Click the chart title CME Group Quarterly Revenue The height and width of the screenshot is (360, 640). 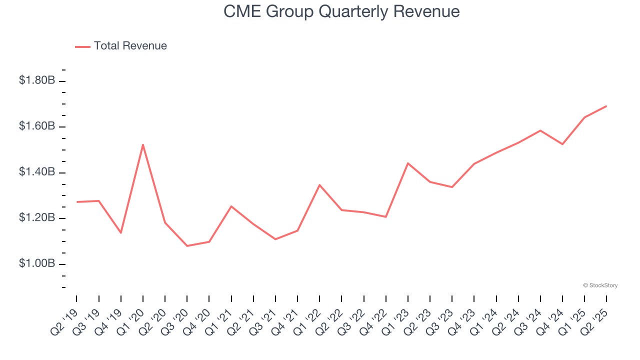[x=341, y=11]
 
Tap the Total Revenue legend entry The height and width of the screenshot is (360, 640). [x=121, y=46]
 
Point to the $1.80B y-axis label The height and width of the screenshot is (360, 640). [x=37, y=80]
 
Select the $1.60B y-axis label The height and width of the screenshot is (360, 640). [x=37, y=126]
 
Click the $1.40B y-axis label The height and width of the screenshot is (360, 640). [x=37, y=172]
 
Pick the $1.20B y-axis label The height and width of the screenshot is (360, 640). [x=37, y=218]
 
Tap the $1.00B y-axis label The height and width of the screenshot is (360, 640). [x=37, y=264]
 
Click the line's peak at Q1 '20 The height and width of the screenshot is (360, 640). [x=143, y=145]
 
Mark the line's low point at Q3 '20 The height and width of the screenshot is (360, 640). [x=187, y=246]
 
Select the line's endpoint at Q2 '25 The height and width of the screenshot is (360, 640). [x=606, y=106]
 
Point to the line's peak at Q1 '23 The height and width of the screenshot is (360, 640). [x=408, y=163]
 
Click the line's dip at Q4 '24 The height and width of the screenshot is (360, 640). [x=562, y=144]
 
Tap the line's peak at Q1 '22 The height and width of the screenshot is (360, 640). [x=319, y=185]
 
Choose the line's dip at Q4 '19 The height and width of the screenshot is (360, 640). [x=121, y=232]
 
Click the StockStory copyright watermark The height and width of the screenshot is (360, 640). [x=600, y=285]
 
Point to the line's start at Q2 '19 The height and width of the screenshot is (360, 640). [x=77, y=202]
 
